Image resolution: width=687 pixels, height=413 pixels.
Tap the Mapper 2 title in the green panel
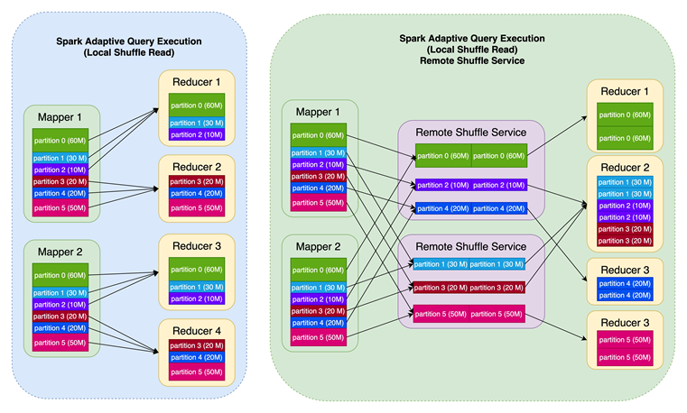(x=320, y=246)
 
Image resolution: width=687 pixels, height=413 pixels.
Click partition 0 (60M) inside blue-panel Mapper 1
(x=60, y=140)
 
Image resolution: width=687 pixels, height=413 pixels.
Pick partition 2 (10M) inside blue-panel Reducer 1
(x=197, y=134)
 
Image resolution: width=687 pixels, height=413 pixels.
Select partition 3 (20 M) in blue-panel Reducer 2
(x=197, y=181)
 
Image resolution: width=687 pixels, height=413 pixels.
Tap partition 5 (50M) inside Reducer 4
(x=197, y=372)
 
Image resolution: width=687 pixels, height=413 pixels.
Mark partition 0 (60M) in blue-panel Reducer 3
(x=197, y=269)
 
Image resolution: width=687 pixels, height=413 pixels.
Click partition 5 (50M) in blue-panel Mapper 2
(x=60, y=342)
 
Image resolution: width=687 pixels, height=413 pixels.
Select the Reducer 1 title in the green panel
(x=625, y=92)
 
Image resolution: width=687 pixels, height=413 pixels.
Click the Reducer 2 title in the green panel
(x=625, y=167)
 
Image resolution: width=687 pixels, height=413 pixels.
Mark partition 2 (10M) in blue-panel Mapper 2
(x=60, y=304)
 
